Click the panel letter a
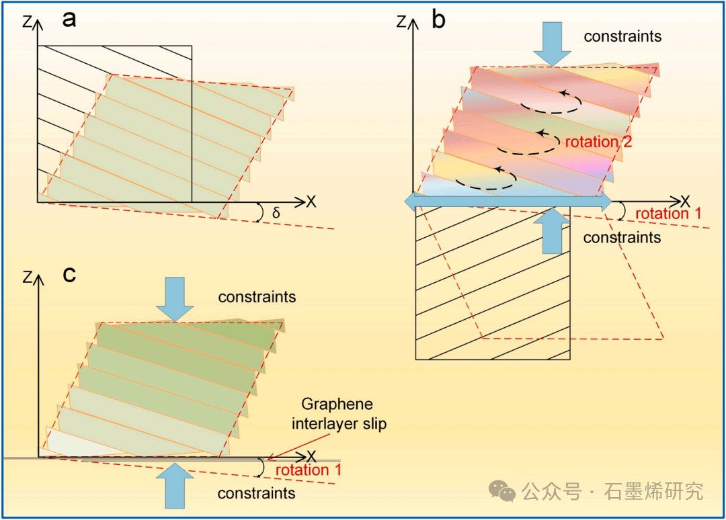tap(69, 19)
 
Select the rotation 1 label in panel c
tap(309, 470)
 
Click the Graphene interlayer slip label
tap(344, 415)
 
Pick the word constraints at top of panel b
tap(622, 36)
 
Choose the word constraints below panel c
tap(256, 494)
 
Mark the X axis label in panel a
tap(311, 201)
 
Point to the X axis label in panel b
tap(684, 201)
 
